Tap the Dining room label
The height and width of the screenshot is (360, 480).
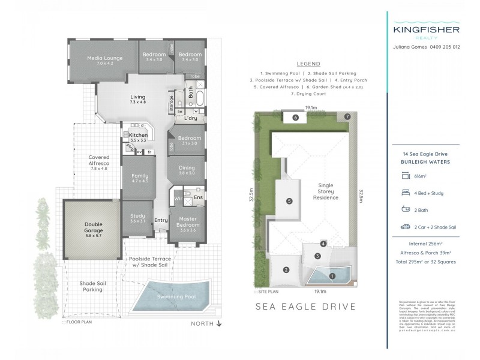pos(187,171)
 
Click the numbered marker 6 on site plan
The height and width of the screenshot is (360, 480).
pos(296,118)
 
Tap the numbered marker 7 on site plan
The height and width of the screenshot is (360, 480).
pos(347,116)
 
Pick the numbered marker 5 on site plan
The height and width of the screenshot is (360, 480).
pos(289,201)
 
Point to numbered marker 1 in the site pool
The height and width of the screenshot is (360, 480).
pos(332,276)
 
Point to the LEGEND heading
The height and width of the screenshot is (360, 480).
pos(308,65)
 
